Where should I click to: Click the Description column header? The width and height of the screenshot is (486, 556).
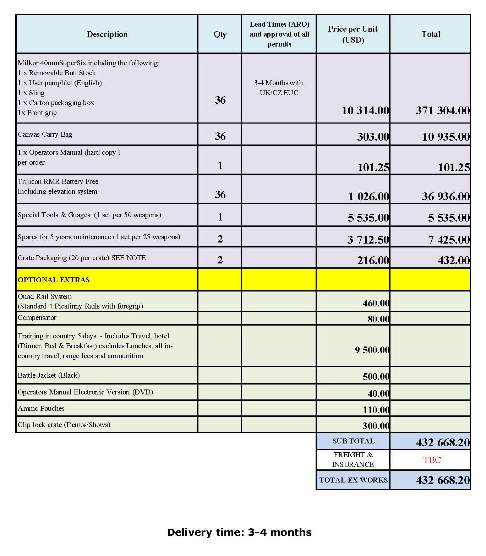pyautogui.click(x=107, y=34)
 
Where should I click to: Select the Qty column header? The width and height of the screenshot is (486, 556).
pyautogui.click(x=220, y=34)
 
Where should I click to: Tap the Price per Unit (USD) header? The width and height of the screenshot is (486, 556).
pyautogui.click(x=353, y=34)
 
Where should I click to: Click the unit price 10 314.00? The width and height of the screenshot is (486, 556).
pyautogui.click(x=365, y=110)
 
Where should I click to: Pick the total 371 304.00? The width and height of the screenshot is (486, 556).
pyautogui.click(x=442, y=110)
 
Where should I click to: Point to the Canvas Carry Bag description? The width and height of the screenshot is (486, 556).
pyautogui.click(x=45, y=135)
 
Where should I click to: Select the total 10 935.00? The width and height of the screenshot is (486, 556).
pyautogui.click(x=446, y=137)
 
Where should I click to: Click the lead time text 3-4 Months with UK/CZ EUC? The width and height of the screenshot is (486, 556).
pyautogui.click(x=279, y=88)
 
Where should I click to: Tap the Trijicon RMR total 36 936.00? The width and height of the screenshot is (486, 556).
pyautogui.click(x=446, y=196)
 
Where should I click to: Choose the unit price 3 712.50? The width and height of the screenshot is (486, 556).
pyautogui.click(x=368, y=240)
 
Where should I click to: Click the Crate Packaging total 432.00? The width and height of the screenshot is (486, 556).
pyautogui.click(x=453, y=261)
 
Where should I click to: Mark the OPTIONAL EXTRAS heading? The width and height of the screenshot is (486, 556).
pyautogui.click(x=54, y=280)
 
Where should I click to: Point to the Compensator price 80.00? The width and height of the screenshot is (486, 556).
pyautogui.click(x=378, y=319)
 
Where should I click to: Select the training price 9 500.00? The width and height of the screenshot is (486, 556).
pyautogui.click(x=372, y=350)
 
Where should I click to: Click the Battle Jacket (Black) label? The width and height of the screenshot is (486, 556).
pyautogui.click(x=49, y=375)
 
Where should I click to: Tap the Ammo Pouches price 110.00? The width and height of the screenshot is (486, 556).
pyautogui.click(x=376, y=410)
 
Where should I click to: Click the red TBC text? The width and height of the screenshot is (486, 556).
pyautogui.click(x=432, y=460)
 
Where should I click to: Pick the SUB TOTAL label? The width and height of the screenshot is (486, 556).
pyautogui.click(x=353, y=441)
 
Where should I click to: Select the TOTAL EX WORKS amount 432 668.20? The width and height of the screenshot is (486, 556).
pyautogui.click(x=443, y=480)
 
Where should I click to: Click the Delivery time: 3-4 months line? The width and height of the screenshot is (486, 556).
pyautogui.click(x=239, y=532)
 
